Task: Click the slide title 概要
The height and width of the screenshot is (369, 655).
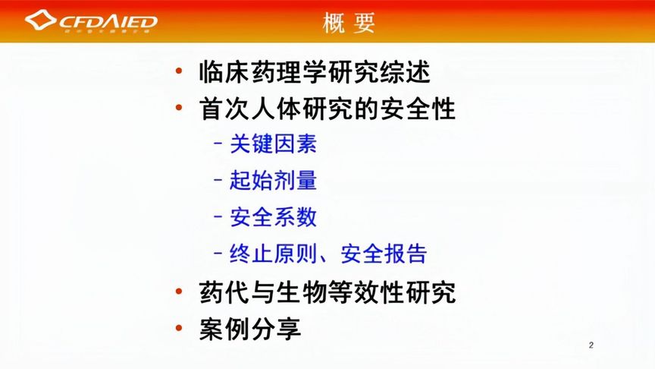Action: (349, 23)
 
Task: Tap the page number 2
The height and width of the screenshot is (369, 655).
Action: (591, 346)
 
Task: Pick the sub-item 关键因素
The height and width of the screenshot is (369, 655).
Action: (273, 143)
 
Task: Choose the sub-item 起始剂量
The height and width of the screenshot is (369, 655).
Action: (273, 180)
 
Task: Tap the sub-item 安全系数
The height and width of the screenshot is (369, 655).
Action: (273, 216)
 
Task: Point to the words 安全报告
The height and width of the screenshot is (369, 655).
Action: (384, 253)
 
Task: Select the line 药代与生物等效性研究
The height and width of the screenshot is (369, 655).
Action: (327, 292)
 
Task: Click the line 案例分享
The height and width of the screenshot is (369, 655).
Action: (250, 329)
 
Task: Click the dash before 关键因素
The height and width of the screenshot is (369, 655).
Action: (218, 143)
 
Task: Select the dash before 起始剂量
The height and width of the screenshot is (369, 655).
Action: (218, 180)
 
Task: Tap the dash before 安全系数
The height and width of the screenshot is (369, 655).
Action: (218, 216)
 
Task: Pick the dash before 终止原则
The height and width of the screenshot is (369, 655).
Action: (218, 253)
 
